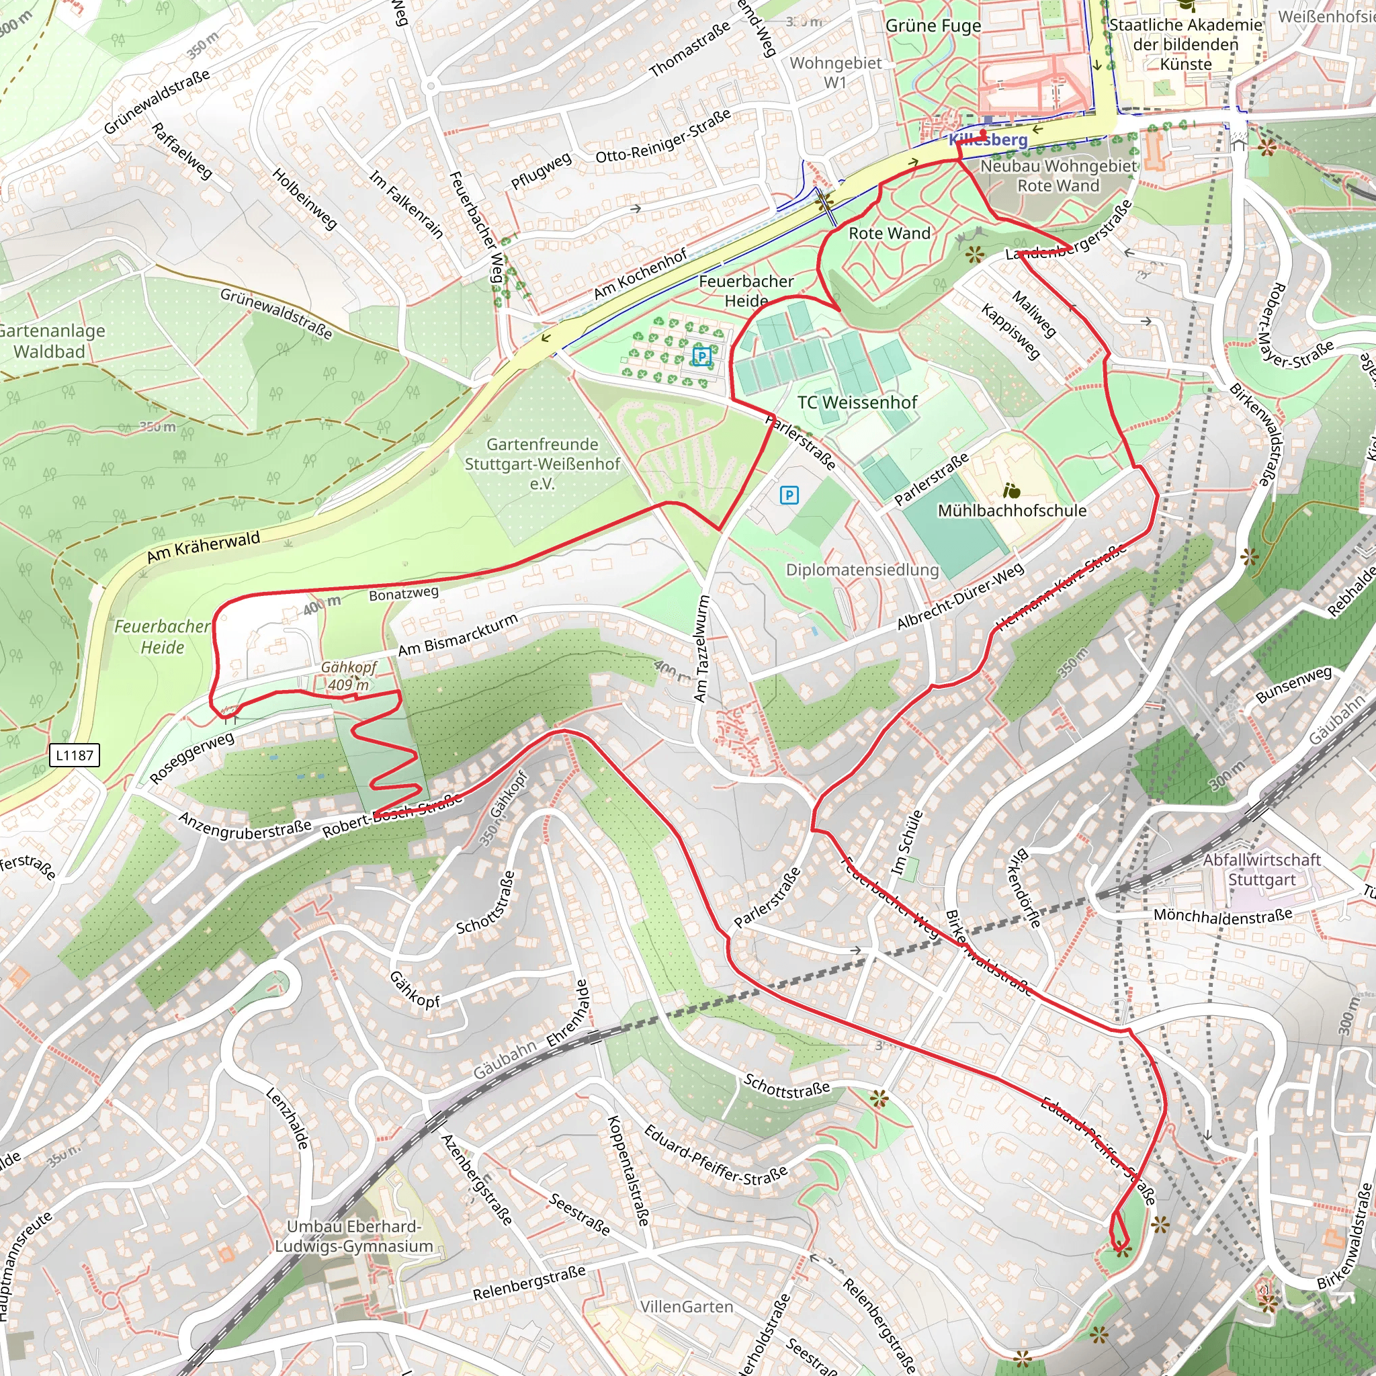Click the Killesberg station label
pyautogui.click(x=988, y=140)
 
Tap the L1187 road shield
pyautogui.click(x=74, y=755)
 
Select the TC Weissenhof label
pyautogui.click(x=857, y=402)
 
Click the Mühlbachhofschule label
pyautogui.click(x=1011, y=511)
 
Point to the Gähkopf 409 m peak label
pyautogui.click(x=348, y=676)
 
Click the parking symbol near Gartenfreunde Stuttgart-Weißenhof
pyautogui.click(x=789, y=495)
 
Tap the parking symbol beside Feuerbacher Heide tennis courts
pyautogui.click(x=702, y=356)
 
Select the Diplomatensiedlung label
pyautogui.click(x=862, y=570)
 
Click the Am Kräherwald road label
pyautogui.click(x=204, y=547)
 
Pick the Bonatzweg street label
pyautogui.click(x=403, y=593)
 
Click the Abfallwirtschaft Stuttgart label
pyautogui.click(x=1261, y=869)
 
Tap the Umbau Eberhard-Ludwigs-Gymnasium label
pyautogui.click(x=354, y=1236)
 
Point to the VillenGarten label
pyautogui.click(x=686, y=1307)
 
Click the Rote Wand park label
pyautogui.click(x=889, y=234)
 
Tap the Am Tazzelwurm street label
pyautogui.click(x=702, y=648)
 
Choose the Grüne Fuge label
pyautogui.click(x=933, y=26)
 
